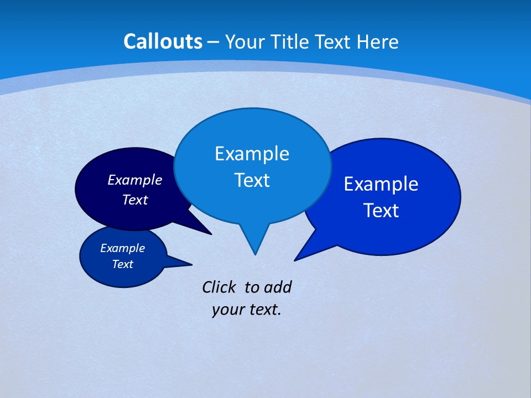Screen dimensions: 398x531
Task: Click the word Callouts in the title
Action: click(163, 41)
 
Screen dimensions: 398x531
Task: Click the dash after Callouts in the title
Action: click(214, 42)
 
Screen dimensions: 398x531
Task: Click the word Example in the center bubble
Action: click(252, 154)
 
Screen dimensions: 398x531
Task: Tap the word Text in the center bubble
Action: click(252, 180)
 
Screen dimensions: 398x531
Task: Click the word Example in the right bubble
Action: click(381, 184)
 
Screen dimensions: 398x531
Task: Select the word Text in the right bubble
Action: click(381, 211)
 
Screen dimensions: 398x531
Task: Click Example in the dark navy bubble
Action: click(134, 180)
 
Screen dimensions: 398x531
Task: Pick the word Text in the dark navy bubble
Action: click(134, 200)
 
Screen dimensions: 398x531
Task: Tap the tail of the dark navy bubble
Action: click(205, 230)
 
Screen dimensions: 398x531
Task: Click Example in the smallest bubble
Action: click(122, 248)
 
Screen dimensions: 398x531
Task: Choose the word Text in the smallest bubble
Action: click(122, 264)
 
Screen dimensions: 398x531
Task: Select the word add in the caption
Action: click(278, 287)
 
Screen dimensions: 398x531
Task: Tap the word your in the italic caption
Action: click(227, 310)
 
